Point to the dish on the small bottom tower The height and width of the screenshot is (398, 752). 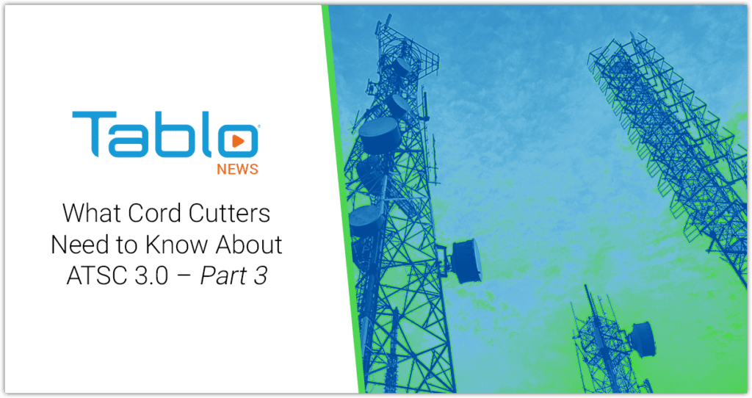[x=640, y=339]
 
